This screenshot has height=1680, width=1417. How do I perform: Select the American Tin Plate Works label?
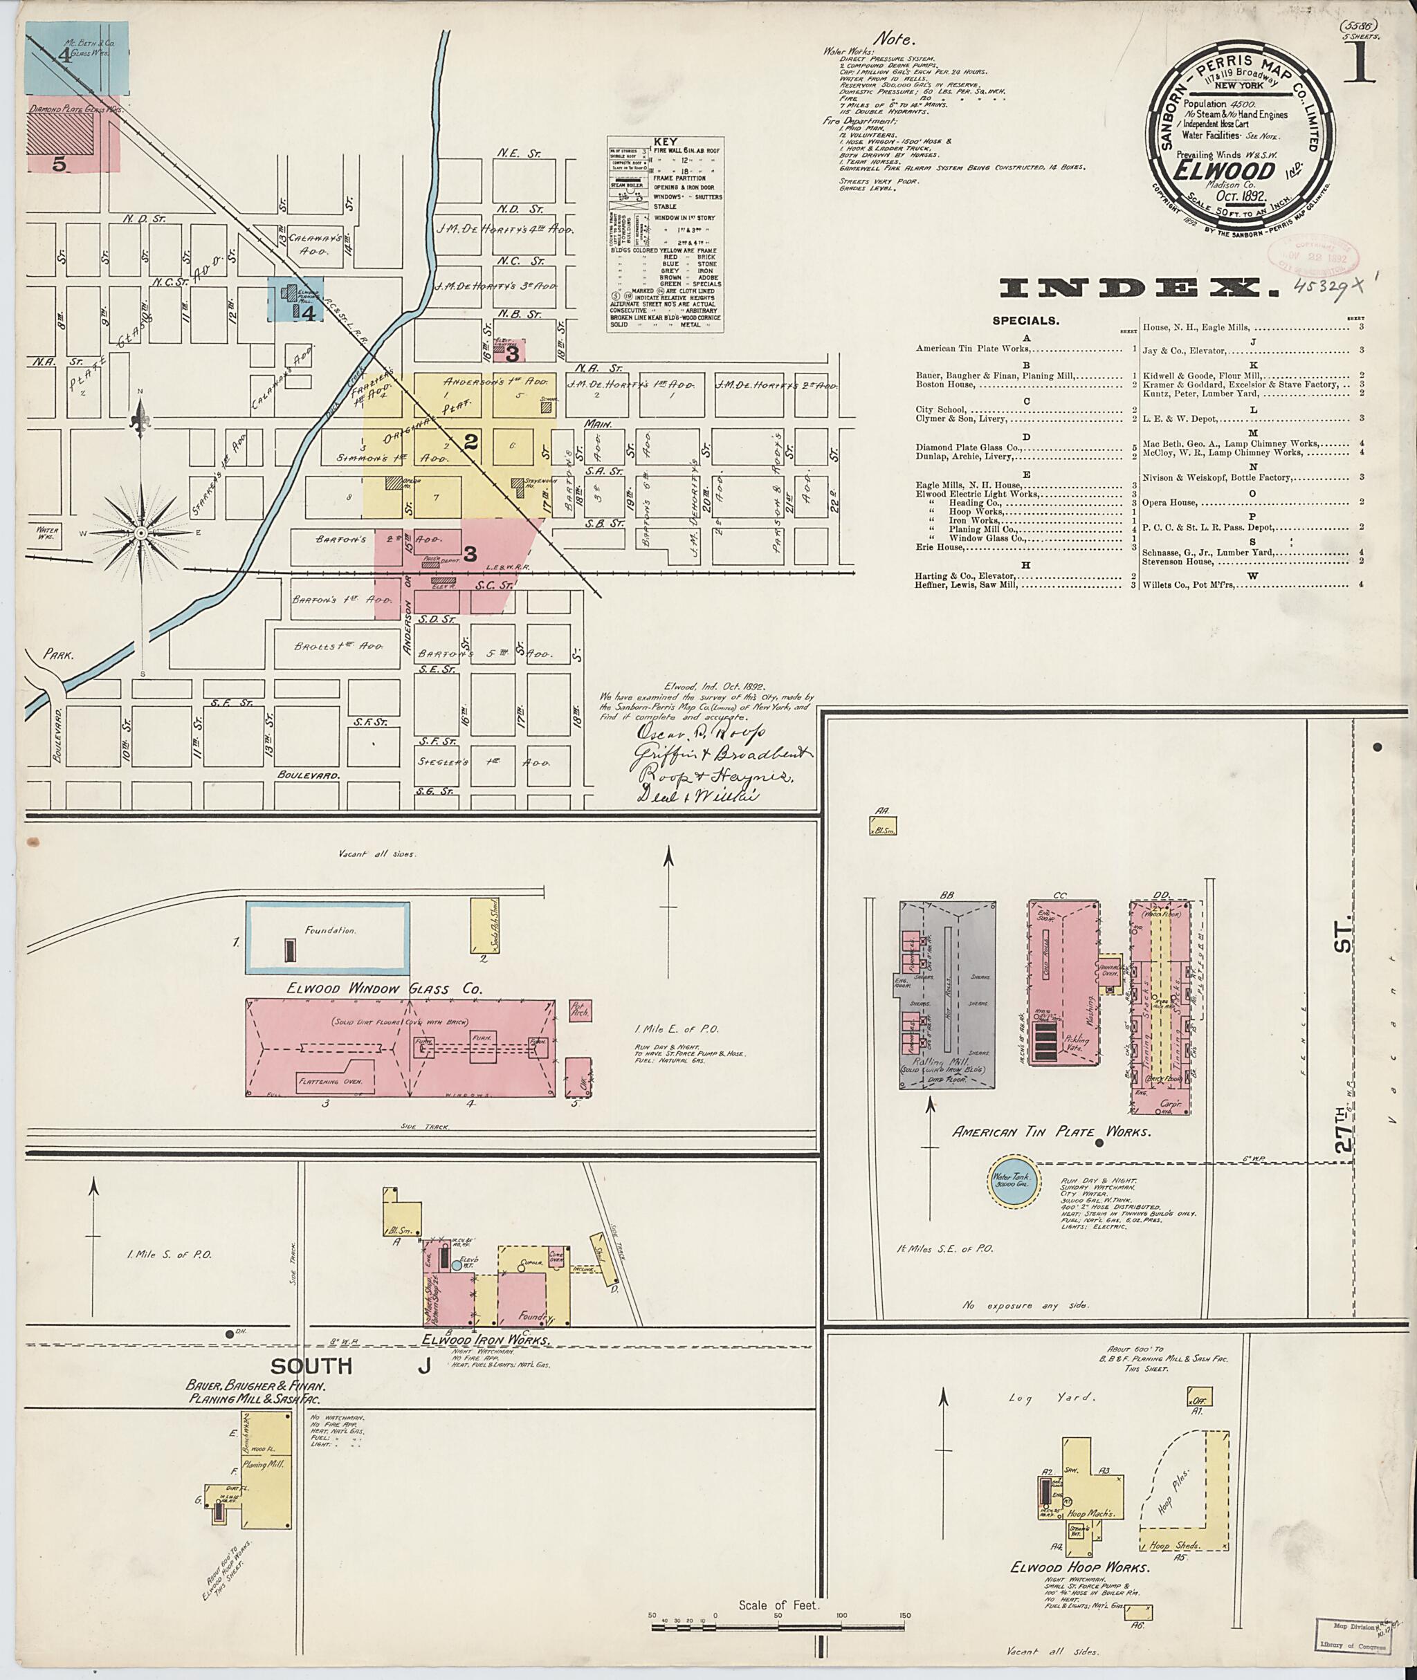click(x=1051, y=1132)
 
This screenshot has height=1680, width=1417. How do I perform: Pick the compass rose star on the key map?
click(x=141, y=533)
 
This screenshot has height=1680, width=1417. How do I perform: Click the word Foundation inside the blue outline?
click(x=329, y=930)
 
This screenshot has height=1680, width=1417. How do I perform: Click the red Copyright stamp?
click(x=1312, y=257)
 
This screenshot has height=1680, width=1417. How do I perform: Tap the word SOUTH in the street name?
click(x=311, y=1365)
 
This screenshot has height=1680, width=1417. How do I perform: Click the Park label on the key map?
click(x=59, y=654)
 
